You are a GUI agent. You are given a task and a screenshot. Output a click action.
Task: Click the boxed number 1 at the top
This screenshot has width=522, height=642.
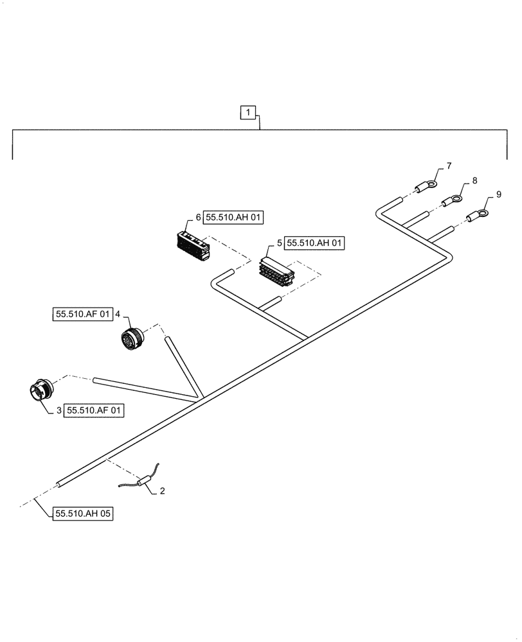(248, 114)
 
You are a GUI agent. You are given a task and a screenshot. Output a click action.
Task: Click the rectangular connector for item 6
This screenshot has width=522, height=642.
(192, 245)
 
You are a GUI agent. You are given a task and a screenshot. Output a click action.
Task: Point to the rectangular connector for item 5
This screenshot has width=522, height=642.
(276, 270)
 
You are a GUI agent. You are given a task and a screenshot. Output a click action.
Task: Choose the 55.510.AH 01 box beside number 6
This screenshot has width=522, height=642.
(234, 218)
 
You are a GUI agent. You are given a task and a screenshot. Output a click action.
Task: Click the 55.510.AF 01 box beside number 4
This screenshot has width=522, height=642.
(82, 314)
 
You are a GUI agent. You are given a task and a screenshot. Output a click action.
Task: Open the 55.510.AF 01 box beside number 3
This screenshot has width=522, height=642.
(94, 410)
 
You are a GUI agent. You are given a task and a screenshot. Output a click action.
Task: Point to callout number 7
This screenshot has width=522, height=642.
(449, 166)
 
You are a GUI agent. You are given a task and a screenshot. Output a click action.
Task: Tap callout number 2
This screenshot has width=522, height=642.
(162, 491)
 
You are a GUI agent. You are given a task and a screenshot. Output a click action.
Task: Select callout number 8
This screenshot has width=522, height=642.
(474, 181)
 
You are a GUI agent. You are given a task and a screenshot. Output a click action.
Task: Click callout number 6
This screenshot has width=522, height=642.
(199, 218)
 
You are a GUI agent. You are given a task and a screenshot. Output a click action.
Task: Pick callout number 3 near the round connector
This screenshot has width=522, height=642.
(59, 410)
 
